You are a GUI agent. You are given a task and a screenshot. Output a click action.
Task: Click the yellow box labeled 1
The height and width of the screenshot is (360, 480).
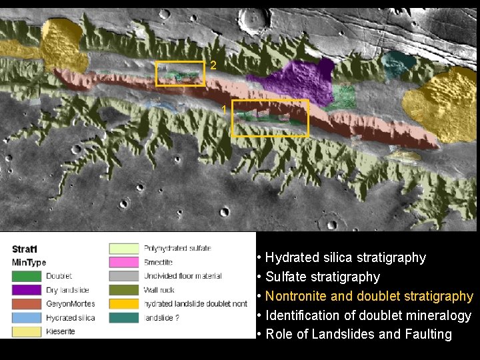(x=270, y=118)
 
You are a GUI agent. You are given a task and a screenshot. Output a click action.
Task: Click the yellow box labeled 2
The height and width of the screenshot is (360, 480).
(x=180, y=73)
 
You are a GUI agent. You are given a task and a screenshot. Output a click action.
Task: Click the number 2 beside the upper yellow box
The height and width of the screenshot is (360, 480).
(x=213, y=65)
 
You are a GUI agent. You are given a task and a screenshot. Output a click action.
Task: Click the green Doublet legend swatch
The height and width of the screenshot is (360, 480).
(x=27, y=276)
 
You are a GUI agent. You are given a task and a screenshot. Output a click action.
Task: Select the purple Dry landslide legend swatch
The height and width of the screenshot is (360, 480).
(x=27, y=290)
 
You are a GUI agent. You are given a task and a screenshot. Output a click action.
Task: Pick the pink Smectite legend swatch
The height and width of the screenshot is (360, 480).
(x=124, y=262)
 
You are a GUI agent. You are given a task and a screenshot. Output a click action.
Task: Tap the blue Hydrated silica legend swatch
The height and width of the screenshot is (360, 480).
(x=27, y=318)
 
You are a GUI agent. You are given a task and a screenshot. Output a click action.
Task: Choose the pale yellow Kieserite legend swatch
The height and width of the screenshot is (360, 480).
(x=27, y=332)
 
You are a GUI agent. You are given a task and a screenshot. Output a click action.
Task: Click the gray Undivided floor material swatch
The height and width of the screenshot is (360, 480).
(x=124, y=276)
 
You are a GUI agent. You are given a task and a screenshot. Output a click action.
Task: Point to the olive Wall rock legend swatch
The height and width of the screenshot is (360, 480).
(x=124, y=290)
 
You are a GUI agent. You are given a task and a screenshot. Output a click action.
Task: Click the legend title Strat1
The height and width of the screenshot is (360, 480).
(x=25, y=249)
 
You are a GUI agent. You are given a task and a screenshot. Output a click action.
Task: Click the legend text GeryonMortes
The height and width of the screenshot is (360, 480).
(x=70, y=304)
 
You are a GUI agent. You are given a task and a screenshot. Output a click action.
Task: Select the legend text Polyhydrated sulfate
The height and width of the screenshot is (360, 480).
(x=177, y=248)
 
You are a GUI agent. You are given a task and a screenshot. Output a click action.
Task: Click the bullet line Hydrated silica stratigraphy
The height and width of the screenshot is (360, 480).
(x=345, y=257)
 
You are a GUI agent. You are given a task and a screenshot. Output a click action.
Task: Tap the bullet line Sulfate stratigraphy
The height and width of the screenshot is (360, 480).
(x=323, y=277)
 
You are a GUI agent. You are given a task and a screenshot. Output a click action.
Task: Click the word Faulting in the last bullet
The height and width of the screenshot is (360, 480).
(x=428, y=335)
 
